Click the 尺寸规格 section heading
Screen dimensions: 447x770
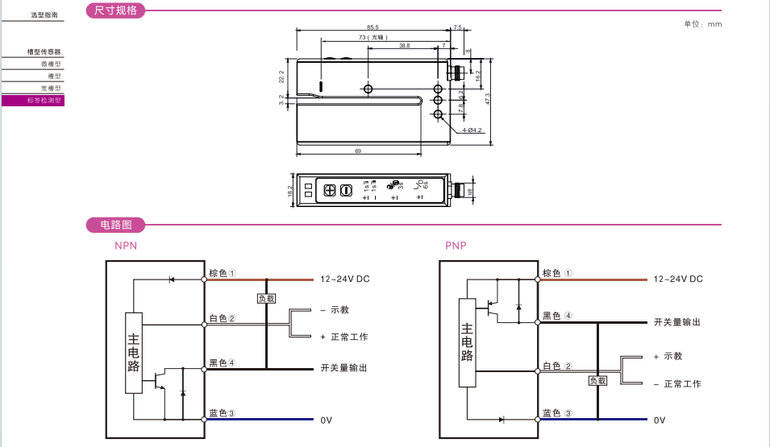[116, 11]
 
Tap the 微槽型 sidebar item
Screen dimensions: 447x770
[51, 64]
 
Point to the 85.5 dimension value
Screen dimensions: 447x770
[373, 27]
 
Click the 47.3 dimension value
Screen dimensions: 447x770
[488, 100]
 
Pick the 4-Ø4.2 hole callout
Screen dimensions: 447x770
[472, 130]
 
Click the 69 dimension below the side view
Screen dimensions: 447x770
[357, 151]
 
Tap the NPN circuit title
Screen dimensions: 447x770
[126, 246]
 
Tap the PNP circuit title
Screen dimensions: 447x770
[456, 246]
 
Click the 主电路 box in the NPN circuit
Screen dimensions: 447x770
[134, 352]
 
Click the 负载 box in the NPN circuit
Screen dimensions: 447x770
[266, 298]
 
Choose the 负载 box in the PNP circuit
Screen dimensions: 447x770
[597, 380]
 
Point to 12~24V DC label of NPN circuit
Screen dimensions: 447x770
[344, 279]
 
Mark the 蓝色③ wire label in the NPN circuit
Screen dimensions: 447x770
[222, 413]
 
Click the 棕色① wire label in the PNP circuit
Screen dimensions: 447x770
[557, 273]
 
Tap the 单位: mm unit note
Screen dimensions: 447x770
[703, 24]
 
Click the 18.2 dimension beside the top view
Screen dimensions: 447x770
[290, 191]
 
